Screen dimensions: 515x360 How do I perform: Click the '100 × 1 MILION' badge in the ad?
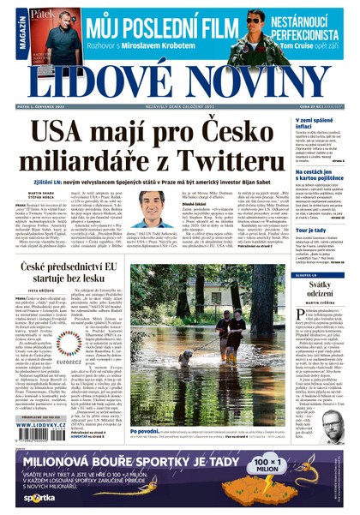click(309, 467)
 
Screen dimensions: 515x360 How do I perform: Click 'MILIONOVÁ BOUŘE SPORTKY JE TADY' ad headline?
click(141, 462)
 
